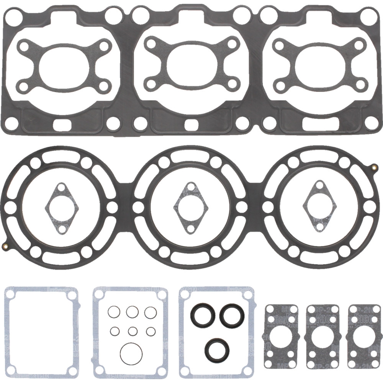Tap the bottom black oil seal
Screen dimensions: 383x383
point(217,349)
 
